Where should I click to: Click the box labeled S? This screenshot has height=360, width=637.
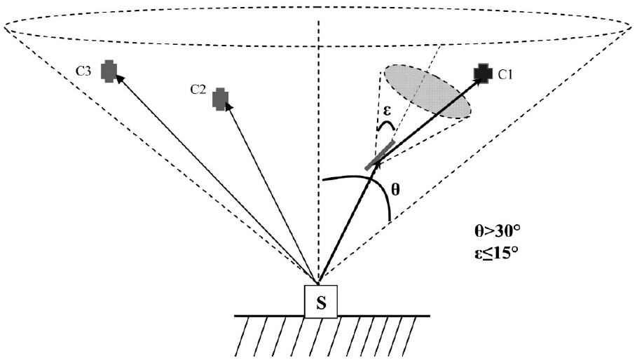point(321,302)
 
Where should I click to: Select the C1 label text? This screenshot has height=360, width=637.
point(506,74)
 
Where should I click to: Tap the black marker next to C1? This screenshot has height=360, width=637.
point(484,73)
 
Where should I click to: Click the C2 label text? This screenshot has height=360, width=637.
point(198,90)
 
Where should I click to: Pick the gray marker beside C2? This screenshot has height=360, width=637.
point(221,99)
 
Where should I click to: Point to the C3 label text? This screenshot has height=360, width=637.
point(83,71)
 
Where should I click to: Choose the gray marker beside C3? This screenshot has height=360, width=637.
point(109,71)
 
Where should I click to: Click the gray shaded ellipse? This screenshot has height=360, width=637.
point(427,92)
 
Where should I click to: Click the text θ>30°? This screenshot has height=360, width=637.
point(498,232)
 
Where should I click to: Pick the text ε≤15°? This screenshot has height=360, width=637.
point(496,254)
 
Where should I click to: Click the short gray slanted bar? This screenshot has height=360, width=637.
point(380,155)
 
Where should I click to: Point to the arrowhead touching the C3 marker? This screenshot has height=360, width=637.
point(118,79)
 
